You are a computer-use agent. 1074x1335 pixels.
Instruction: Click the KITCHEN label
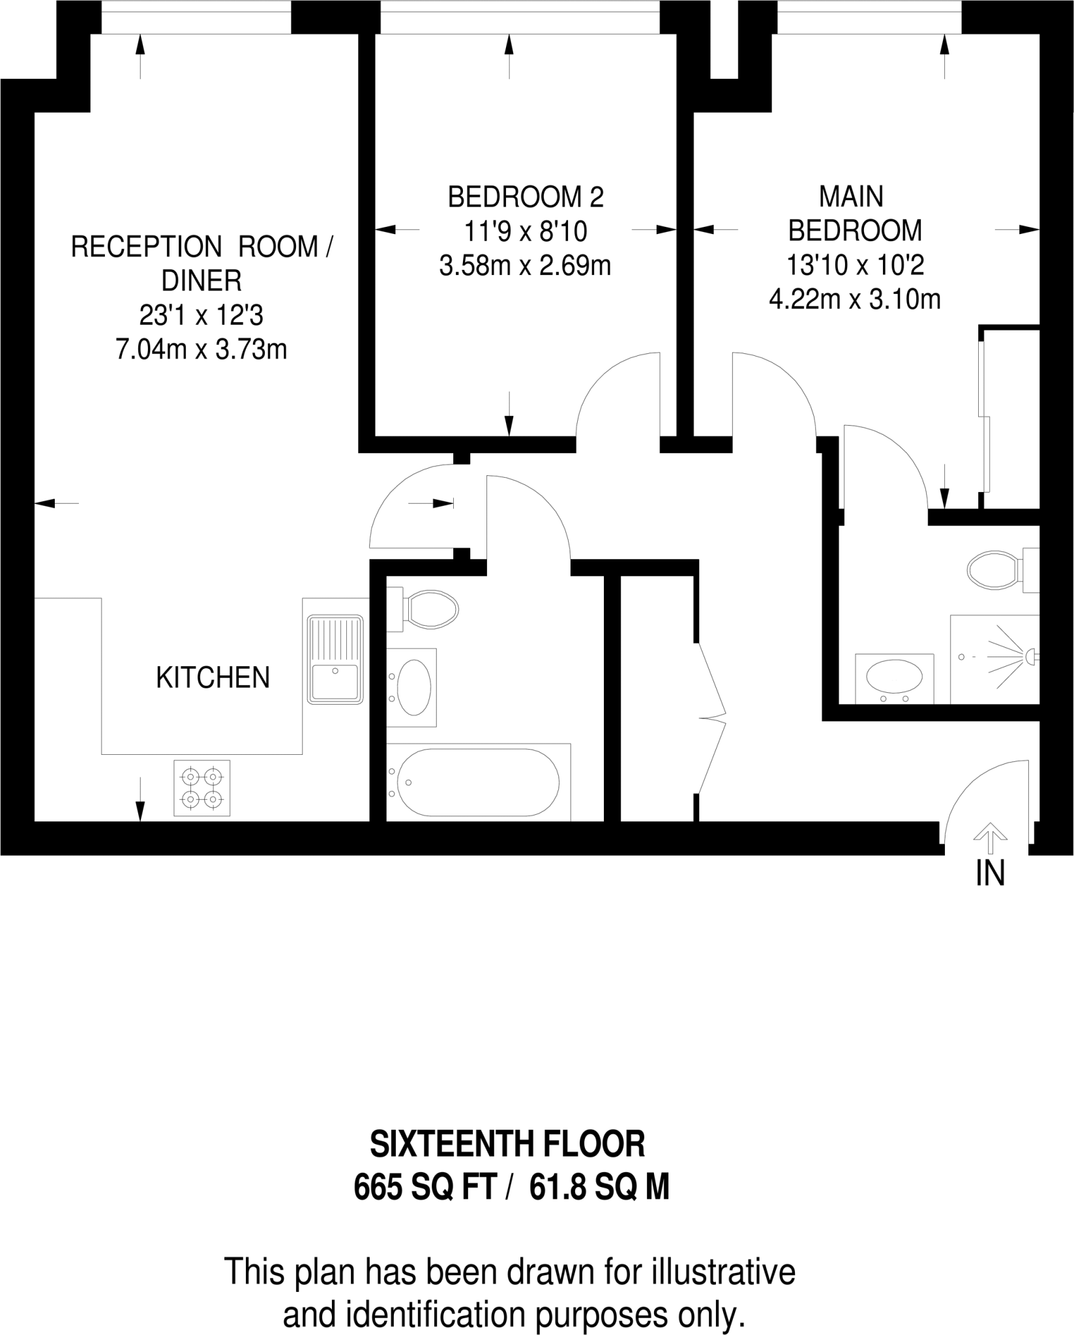[213, 678]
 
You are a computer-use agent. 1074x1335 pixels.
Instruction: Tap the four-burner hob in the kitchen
[201, 787]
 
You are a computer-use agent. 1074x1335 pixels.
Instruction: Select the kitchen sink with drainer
[336, 659]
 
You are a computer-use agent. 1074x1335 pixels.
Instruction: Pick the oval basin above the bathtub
[413, 687]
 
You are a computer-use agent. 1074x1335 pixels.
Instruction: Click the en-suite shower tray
[994, 658]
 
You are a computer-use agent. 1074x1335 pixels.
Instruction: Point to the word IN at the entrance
[990, 873]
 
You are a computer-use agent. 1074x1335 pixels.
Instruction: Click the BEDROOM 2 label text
[526, 197]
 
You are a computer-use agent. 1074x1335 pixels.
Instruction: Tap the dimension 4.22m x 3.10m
[854, 300]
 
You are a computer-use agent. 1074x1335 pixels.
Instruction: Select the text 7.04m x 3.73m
[201, 350]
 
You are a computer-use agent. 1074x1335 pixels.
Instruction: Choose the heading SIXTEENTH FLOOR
[507, 1144]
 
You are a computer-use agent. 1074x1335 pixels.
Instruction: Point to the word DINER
[201, 281]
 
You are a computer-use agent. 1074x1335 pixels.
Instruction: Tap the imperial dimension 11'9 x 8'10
[526, 231]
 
